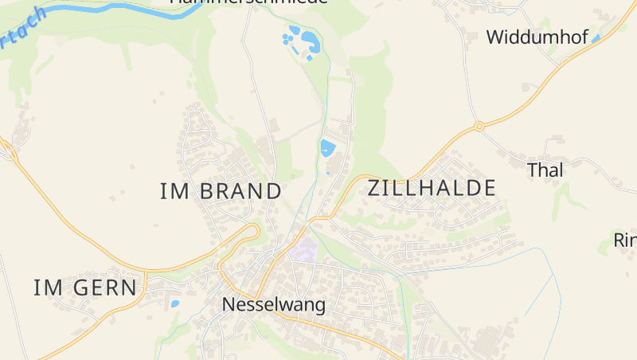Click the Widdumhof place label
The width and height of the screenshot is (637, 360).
pyautogui.click(x=537, y=37)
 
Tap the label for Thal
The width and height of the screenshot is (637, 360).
pyautogui.click(x=545, y=170)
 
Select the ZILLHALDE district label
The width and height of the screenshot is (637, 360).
pyautogui.click(x=432, y=188)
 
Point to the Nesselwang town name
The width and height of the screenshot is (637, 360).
pyautogui.click(x=274, y=304)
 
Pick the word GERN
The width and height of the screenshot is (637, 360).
pyautogui.click(x=104, y=288)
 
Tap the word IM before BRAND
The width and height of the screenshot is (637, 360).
pyautogui.click(x=173, y=191)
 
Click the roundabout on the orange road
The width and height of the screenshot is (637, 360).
pyautogui.click(x=479, y=126)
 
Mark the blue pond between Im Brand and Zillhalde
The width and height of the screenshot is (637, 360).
pyautogui.click(x=326, y=147)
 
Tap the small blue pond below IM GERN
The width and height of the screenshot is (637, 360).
pyautogui.click(x=174, y=303)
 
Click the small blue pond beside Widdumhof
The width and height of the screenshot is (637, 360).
pyautogui.click(x=596, y=37)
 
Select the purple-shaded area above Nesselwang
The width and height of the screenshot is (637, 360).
pyautogui.click(x=303, y=248)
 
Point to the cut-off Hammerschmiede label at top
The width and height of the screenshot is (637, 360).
pyautogui.click(x=248, y=2)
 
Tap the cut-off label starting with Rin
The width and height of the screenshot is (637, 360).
pyautogui.click(x=624, y=240)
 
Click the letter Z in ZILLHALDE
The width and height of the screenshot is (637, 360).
pyautogui.click(x=375, y=188)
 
